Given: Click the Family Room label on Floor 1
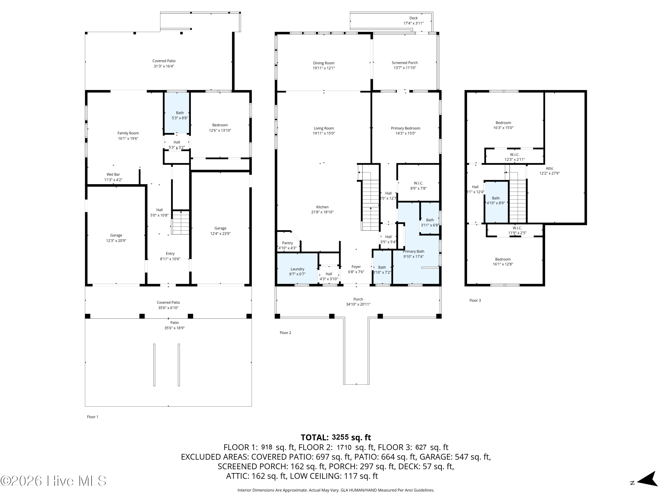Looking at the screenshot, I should point(128,133).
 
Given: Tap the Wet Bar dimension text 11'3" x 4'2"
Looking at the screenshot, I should point(113,180).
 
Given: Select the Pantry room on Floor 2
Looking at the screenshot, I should point(287,243).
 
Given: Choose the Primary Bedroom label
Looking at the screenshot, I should point(405,128).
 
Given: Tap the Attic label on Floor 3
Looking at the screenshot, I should point(549,168).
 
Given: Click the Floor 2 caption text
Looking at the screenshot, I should point(285,333).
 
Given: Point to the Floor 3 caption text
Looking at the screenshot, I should point(475,300).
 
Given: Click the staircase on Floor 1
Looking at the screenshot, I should point(181,223).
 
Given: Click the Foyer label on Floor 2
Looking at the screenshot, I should point(356,267).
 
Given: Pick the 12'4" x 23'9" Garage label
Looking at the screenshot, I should point(220,231).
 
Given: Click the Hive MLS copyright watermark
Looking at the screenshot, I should point(54,481).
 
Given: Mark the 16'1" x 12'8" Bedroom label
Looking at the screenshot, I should point(503,262).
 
